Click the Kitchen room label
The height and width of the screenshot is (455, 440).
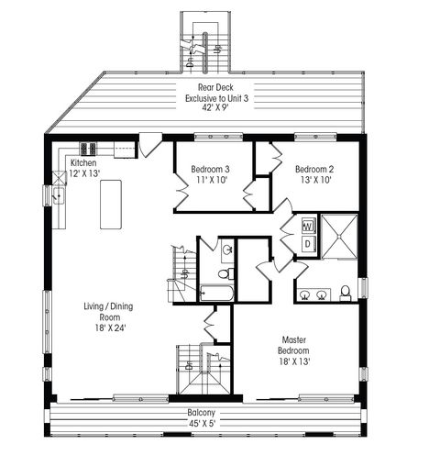[84, 161]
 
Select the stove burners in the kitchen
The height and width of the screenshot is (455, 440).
[89, 149]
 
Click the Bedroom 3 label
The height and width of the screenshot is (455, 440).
[210, 169]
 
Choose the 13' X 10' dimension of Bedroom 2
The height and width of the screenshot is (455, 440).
[313, 180]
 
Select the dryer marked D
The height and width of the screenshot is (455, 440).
[308, 244]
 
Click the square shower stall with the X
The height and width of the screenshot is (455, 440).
[337, 236]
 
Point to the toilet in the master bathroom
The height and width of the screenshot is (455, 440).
[345, 293]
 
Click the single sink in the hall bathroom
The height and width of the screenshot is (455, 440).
[226, 250]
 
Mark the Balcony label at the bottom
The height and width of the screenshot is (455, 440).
[202, 412]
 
